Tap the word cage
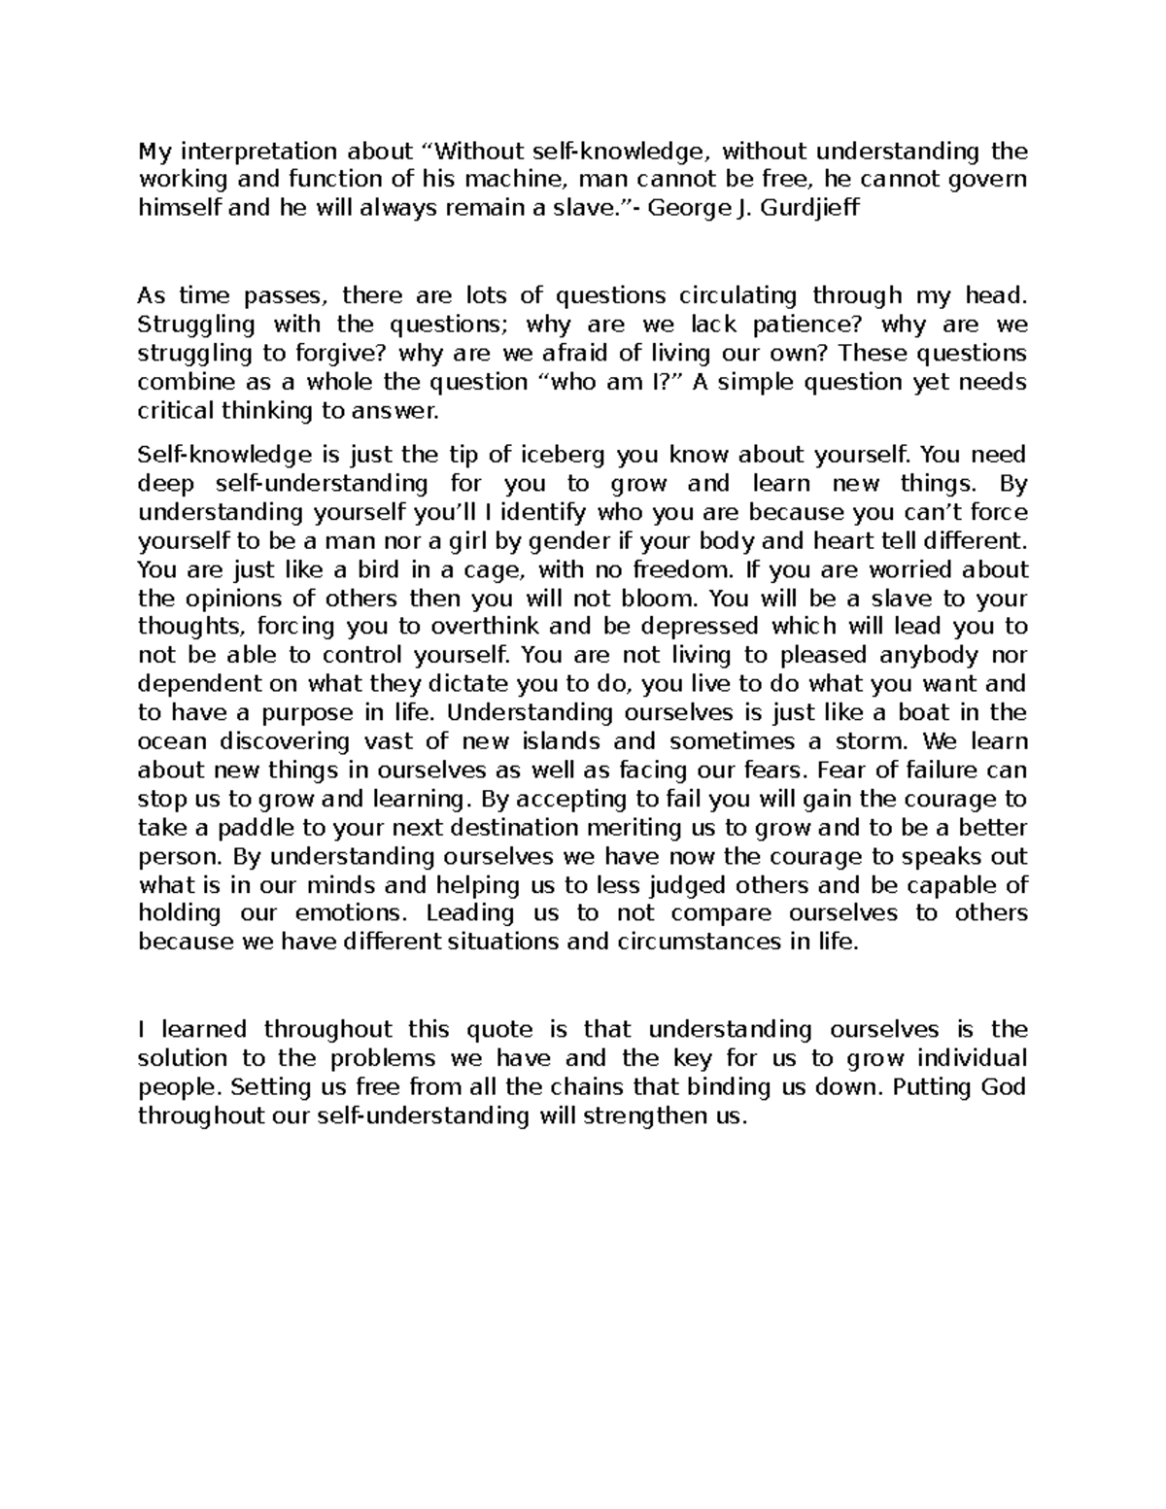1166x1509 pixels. click(x=490, y=569)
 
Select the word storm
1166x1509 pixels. click(x=873, y=741)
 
